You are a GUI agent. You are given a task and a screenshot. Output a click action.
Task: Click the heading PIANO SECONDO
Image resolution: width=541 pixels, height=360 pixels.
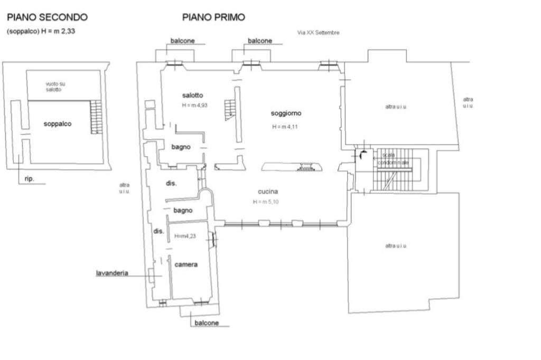(47, 17)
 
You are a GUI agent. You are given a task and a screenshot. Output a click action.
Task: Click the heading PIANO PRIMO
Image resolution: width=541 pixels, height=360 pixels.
(213, 17)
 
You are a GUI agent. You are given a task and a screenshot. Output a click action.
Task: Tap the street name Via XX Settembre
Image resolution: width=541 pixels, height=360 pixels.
(318, 32)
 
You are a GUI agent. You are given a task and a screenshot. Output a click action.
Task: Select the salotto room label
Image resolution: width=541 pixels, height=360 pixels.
(192, 95)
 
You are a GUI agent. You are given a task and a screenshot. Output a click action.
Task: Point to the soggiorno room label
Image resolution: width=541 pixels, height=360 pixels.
(286, 113)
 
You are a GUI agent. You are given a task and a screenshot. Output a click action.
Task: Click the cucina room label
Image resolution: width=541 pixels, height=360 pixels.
(268, 192)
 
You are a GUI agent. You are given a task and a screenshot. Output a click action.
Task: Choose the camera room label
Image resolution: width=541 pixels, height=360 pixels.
(186, 264)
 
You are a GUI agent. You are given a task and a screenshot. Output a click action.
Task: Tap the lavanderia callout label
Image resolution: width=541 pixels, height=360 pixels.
(112, 273)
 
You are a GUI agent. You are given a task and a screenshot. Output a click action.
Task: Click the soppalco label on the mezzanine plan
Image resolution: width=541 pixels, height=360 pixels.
(57, 124)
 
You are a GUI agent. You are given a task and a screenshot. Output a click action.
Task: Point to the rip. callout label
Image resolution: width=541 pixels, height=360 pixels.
(30, 178)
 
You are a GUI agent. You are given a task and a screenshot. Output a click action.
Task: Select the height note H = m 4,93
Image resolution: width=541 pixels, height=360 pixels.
(194, 105)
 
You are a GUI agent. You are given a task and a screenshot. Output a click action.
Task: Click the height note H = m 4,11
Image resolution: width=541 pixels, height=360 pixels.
(285, 127)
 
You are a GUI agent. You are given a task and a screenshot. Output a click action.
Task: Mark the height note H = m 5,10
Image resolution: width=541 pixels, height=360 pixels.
(266, 202)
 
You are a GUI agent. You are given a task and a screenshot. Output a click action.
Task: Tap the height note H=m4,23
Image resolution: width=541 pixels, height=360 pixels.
(185, 236)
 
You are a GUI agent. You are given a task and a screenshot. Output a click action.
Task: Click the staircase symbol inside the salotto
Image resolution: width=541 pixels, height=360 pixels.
(230, 110)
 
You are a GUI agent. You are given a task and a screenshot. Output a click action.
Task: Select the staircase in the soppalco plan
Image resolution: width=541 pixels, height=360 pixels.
(96, 117)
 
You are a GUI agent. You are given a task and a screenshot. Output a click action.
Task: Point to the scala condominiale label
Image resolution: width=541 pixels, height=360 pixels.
(393, 158)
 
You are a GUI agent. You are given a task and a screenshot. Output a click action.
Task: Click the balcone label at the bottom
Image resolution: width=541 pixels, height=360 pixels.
(207, 323)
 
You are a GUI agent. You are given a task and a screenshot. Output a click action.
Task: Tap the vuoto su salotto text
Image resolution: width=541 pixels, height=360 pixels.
(55, 87)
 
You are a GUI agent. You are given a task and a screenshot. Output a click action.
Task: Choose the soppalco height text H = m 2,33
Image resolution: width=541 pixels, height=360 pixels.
(41, 31)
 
